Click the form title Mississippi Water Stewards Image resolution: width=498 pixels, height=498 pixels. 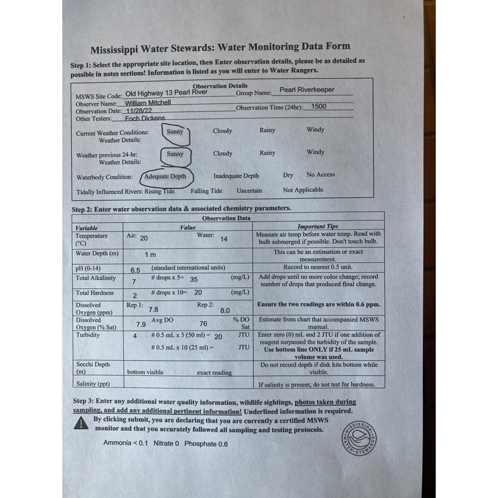coord(220,47)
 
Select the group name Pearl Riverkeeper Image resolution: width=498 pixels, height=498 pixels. coord(306,90)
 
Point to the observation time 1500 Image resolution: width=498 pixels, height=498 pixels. coord(318,106)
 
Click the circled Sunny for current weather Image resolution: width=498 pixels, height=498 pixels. coord(175,132)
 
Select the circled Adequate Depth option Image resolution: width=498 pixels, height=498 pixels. coord(165,176)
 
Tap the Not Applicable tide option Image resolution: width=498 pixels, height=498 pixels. coord(303,190)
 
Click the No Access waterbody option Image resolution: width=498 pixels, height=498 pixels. coord(320,175)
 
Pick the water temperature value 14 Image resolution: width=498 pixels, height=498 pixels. coord(224,239)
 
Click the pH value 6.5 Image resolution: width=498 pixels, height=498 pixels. coord(135,270)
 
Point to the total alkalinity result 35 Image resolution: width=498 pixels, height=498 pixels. coord(194,280)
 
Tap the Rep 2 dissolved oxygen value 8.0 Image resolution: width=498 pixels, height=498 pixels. coord(225,310)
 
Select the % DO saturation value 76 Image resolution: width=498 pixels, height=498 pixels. coord(204,324)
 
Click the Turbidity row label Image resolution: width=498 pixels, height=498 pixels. coord(87,335)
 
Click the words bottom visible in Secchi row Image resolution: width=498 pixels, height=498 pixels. coord(145,372)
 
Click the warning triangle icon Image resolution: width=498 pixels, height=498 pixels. coord(81,423)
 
